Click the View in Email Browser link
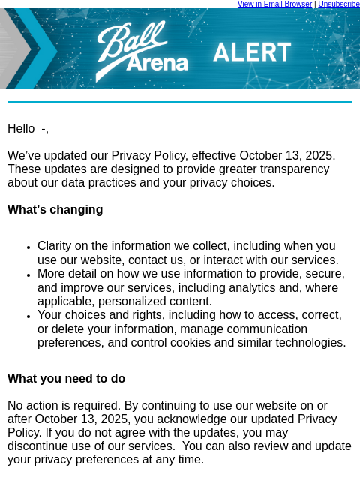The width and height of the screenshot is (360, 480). click(274, 4)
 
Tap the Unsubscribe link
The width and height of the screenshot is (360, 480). click(339, 4)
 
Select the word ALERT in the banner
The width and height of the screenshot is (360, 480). click(252, 52)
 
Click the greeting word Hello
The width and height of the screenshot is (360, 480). click(21, 129)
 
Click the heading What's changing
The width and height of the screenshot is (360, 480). click(55, 210)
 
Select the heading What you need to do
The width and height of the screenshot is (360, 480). click(66, 379)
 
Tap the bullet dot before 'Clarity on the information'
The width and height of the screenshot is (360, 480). click(28, 247)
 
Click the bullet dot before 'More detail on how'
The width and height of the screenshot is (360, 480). click(28, 274)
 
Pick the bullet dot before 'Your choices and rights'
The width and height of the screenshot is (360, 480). click(28, 316)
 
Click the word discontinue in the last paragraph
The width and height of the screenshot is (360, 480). click(40, 446)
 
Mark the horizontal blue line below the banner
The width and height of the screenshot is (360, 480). click(180, 102)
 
